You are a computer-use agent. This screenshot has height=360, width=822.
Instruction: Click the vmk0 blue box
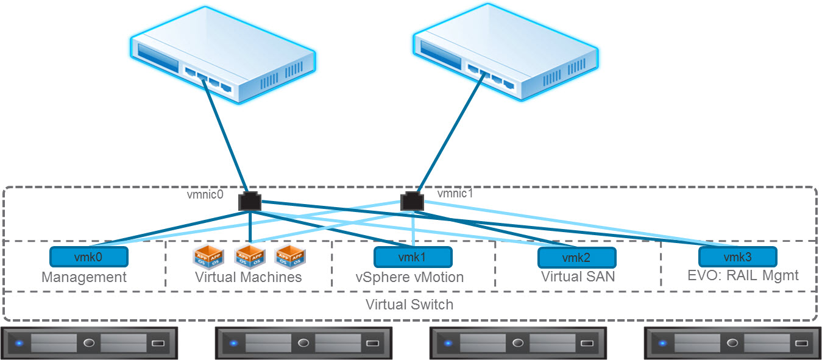point(89,256)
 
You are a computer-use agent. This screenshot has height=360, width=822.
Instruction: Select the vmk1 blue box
point(413,256)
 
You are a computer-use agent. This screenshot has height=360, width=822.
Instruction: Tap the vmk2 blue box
point(576,257)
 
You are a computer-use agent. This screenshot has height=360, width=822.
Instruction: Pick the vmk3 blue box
point(738,256)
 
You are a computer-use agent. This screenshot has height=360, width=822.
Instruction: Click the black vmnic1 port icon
point(412,201)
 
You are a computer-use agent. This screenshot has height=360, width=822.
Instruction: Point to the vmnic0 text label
point(205,195)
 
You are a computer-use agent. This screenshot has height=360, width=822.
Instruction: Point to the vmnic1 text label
point(455,194)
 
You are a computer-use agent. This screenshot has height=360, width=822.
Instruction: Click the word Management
point(84,277)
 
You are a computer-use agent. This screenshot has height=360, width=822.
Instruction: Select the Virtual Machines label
point(248,277)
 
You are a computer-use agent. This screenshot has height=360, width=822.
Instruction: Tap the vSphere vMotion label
point(409,277)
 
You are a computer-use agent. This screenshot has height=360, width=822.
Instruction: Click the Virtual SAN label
point(578,277)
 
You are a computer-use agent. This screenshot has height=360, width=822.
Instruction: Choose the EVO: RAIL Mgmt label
point(743,275)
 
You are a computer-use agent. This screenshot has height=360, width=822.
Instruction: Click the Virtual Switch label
point(409,304)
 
